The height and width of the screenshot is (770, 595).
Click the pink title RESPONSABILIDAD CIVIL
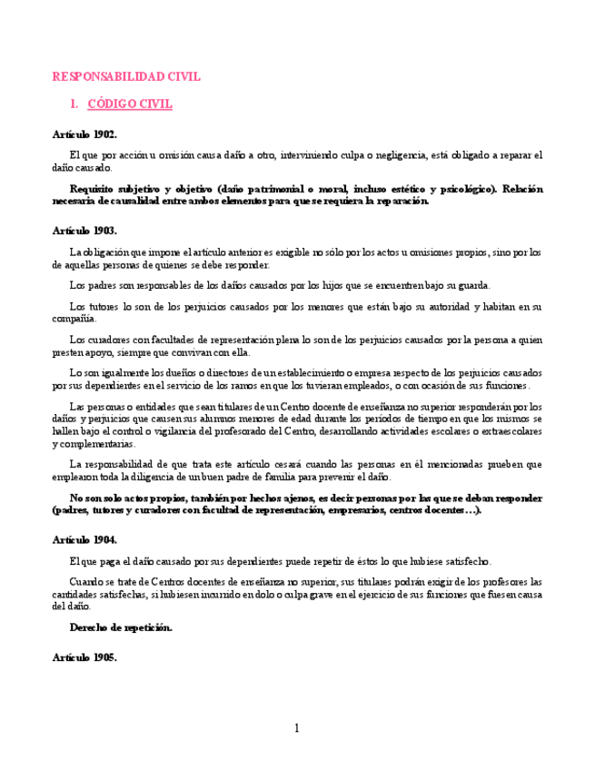pyautogui.click(x=126, y=77)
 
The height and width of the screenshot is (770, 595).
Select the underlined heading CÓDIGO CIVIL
pyautogui.click(x=130, y=104)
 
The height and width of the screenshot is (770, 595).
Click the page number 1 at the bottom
pyautogui.click(x=296, y=728)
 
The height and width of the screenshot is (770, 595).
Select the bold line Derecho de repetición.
pyautogui.click(x=121, y=627)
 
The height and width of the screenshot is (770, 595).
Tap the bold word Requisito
pyautogui.click(x=93, y=189)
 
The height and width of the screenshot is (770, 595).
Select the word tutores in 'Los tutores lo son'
pyautogui.click(x=103, y=307)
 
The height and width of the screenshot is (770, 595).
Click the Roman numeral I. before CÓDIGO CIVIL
pyautogui.click(x=74, y=104)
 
